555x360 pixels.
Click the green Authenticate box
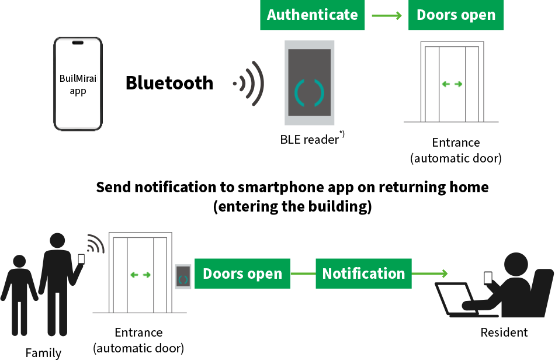(312, 15)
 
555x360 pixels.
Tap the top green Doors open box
(456, 15)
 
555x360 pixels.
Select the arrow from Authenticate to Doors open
(386, 15)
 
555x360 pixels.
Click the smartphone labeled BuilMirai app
(78, 84)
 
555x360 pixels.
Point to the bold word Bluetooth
(169, 83)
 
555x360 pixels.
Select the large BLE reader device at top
(309, 82)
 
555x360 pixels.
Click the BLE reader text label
(310, 139)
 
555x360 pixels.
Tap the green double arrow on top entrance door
(452, 84)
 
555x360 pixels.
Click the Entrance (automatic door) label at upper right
(456, 150)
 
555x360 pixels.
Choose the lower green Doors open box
(242, 274)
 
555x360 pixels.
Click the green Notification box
(363, 274)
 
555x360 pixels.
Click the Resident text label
(504, 333)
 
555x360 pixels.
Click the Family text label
(43, 352)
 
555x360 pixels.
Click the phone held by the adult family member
(81, 259)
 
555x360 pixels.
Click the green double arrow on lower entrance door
(140, 274)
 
